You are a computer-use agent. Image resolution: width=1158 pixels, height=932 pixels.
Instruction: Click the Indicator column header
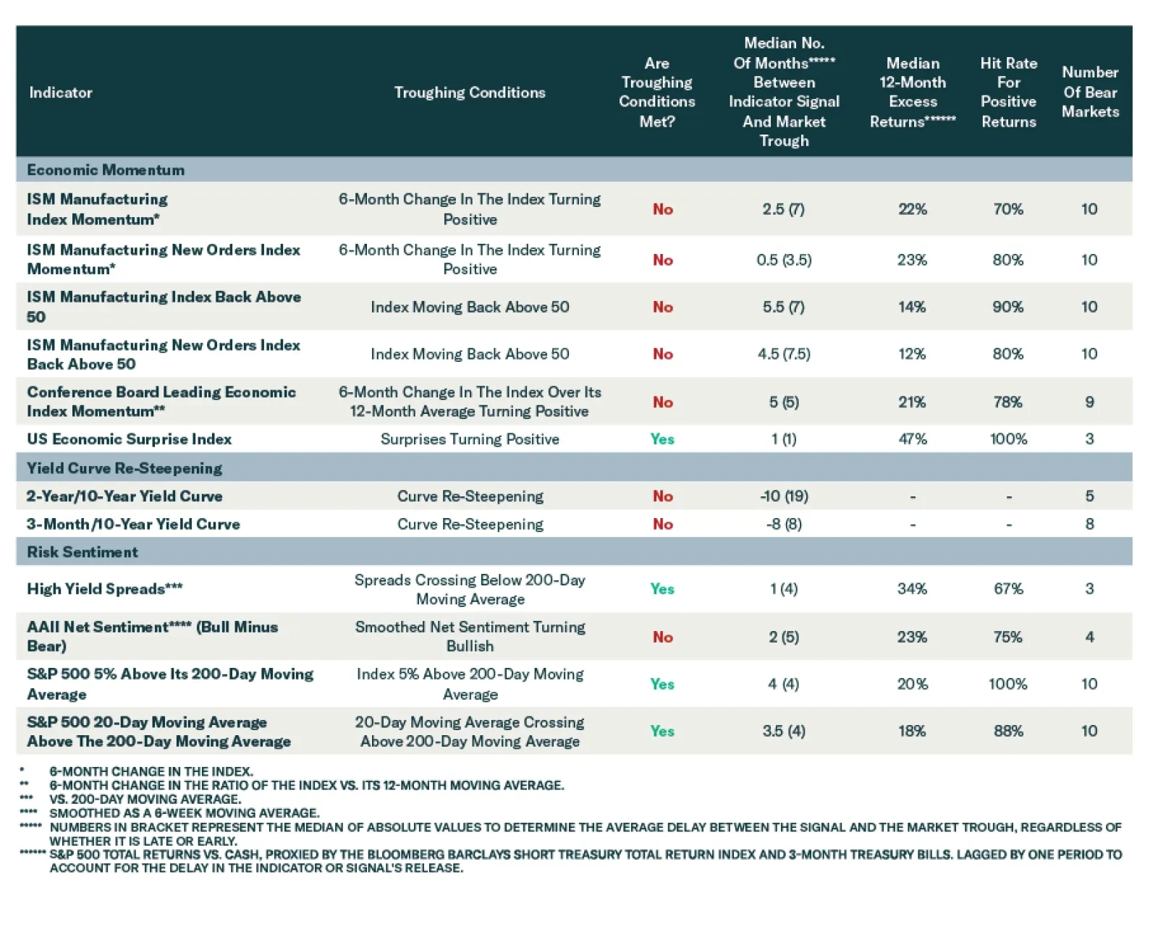[x=61, y=93]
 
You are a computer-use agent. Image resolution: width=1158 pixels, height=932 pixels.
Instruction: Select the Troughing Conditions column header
[x=470, y=93]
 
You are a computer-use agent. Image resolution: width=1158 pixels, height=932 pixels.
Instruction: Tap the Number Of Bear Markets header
[x=1090, y=92]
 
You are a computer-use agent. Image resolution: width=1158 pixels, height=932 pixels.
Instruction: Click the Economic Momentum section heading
[x=106, y=170]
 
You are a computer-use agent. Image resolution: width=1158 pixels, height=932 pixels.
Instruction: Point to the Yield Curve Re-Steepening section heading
[x=124, y=468]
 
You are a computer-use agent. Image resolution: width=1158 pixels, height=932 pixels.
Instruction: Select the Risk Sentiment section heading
[x=83, y=552]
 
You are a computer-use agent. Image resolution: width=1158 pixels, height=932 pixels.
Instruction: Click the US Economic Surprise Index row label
[x=130, y=439]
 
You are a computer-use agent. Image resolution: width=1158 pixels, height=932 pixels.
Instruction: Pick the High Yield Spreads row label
[x=105, y=589]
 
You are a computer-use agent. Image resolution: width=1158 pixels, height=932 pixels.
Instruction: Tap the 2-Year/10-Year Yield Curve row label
[x=124, y=496]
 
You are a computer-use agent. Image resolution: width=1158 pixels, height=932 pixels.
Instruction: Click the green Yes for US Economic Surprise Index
[x=662, y=439]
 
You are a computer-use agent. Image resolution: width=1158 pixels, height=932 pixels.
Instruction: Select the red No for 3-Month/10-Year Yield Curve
[x=663, y=525]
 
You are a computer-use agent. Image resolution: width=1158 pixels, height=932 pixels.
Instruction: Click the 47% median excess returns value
[x=913, y=439]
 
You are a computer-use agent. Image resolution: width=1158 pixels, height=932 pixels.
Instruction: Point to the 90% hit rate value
[x=1008, y=307]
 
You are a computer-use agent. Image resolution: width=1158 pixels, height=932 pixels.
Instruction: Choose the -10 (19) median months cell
[x=784, y=496]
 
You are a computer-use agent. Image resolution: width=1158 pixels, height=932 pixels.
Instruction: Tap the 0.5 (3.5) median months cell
[x=784, y=260]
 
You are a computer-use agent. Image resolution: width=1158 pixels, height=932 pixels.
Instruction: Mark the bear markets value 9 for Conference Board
[x=1089, y=402]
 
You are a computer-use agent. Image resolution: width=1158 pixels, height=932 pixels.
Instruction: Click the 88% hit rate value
[x=1008, y=732]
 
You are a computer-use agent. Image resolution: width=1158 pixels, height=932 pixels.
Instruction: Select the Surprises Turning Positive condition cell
[x=470, y=439]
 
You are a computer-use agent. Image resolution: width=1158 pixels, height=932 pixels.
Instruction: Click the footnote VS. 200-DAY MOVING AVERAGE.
[x=145, y=800]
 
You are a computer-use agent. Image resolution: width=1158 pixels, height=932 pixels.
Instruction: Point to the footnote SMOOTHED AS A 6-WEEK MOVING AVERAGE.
[x=184, y=813]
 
